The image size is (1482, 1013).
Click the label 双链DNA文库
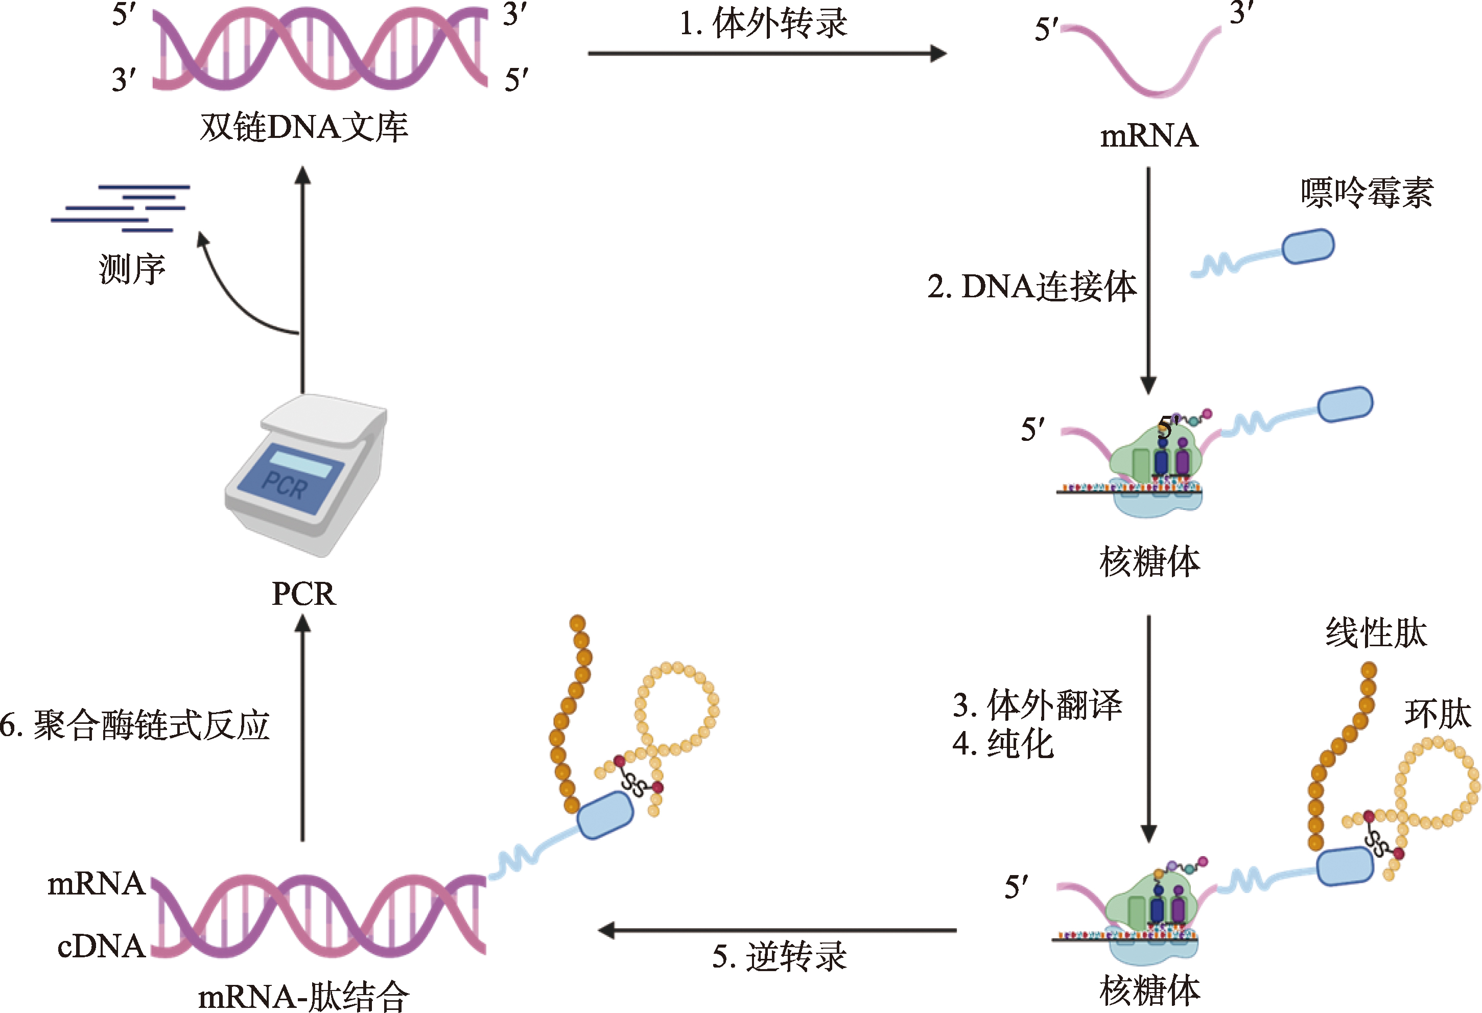coord(303,128)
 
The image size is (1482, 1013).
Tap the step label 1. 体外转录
coord(763,24)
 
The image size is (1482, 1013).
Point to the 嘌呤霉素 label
coord(1367,193)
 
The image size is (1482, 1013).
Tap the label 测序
coord(132,269)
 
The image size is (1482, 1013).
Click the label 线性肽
coord(1376,633)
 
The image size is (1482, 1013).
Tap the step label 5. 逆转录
coord(779,957)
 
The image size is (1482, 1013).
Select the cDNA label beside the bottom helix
coord(101,946)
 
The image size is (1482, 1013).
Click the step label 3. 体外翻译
coord(1038,705)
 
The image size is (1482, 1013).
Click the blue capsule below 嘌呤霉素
coord(1308,246)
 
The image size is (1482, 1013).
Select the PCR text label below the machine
coord(303,594)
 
